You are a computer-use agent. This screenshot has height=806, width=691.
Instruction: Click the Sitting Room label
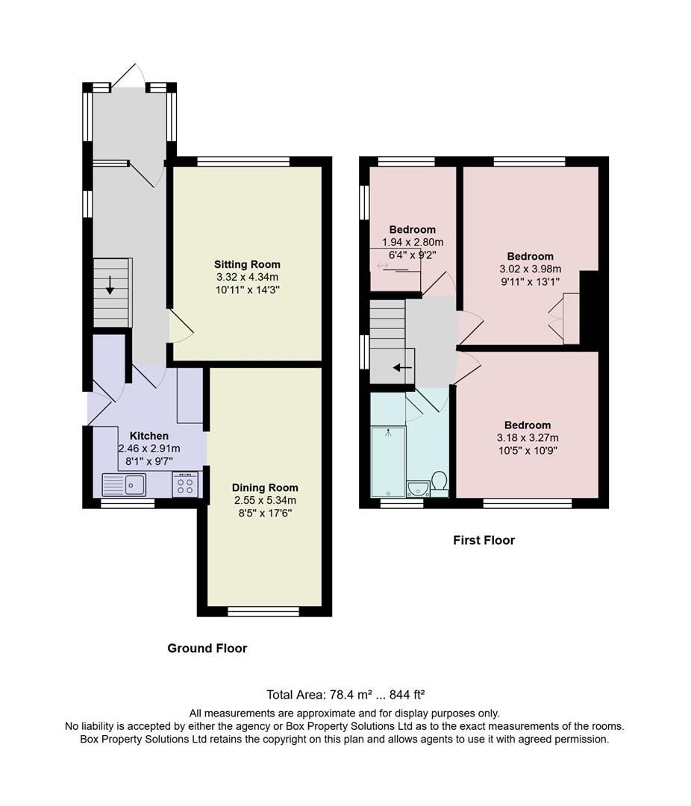[247, 264]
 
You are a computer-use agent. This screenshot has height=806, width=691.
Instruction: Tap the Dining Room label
[265, 487]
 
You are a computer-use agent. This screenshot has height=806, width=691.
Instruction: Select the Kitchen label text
[149, 436]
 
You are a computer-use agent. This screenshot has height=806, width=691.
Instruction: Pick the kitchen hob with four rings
[187, 485]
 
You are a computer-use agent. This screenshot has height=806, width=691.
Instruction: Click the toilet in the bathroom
[439, 482]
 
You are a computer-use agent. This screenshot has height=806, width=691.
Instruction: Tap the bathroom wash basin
[418, 488]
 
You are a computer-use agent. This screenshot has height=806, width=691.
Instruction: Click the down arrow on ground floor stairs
[110, 285]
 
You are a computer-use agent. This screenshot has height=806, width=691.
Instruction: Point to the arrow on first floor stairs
[402, 367]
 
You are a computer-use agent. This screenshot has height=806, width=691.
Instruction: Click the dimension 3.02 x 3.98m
[530, 269]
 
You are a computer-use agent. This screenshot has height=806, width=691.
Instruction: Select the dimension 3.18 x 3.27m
[528, 438]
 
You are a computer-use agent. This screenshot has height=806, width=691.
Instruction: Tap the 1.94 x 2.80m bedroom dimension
[413, 242]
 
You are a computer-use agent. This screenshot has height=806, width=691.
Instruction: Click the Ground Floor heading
[207, 649]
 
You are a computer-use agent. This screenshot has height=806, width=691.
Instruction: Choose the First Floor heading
[484, 540]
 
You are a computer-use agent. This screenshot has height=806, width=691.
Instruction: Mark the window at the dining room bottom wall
[263, 611]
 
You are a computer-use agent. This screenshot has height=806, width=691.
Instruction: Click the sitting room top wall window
[243, 161]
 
